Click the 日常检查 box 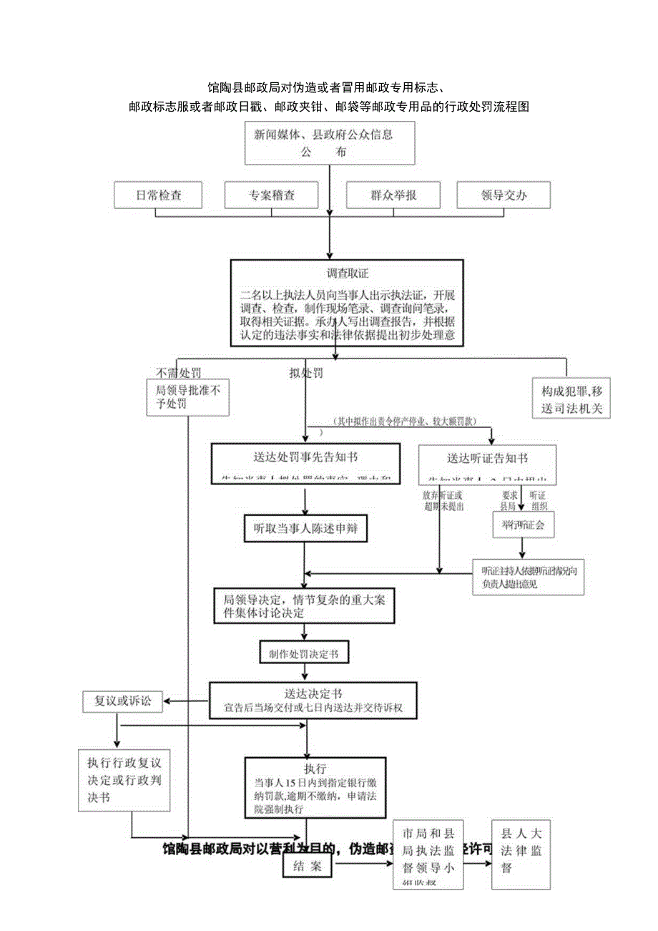(159, 195)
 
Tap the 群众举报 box (393, 195)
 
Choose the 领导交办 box (504, 195)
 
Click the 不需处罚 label (178, 373)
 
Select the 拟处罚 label (305, 374)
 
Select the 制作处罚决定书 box (304, 653)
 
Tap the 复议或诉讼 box (122, 701)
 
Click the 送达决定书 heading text (313, 693)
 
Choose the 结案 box (307, 867)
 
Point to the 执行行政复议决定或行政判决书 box (124, 780)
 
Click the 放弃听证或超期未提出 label (443, 501)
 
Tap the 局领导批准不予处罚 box (187, 397)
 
